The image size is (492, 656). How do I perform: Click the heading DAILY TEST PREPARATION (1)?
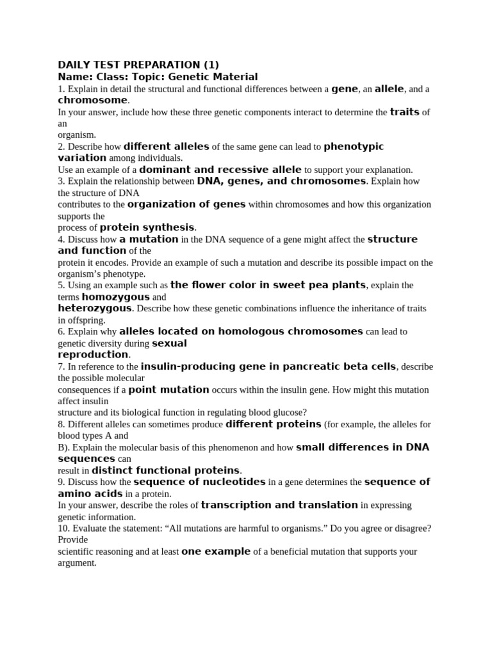(x=138, y=65)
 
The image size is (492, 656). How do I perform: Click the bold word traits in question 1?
(x=404, y=111)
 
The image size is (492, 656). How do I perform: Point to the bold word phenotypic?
(x=354, y=147)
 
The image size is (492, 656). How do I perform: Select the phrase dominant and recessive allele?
(x=220, y=170)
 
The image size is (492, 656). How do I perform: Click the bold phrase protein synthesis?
(x=147, y=227)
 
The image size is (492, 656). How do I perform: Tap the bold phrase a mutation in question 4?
(x=149, y=240)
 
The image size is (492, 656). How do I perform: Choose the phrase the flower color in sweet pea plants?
(x=268, y=285)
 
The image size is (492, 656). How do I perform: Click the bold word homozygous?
(x=115, y=297)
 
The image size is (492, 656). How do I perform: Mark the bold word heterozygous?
(x=95, y=308)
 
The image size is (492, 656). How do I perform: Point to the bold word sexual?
(x=169, y=343)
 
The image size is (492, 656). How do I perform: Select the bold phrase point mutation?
(x=168, y=389)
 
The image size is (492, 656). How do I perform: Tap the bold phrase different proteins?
(x=274, y=424)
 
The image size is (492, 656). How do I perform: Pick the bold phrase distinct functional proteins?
(x=166, y=470)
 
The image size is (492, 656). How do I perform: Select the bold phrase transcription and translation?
(x=279, y=505)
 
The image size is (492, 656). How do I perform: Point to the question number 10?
(x=62, y=528)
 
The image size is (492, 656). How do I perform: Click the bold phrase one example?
(x=216, y=551)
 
